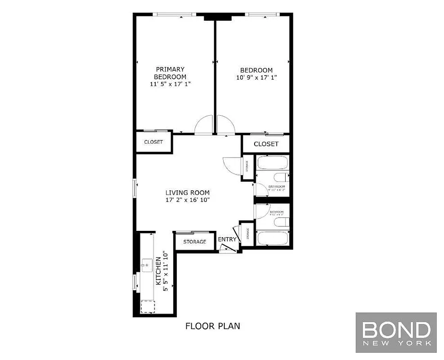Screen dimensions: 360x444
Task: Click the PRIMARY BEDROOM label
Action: pos(170,73)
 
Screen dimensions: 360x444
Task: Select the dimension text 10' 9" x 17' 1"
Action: pos(256,77)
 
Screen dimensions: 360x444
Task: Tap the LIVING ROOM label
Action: pos(187,193)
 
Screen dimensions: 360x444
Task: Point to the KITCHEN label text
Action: pos(158,271)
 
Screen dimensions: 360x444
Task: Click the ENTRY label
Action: pos(227,239)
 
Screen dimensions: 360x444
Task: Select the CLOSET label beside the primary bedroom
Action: pos(153,142)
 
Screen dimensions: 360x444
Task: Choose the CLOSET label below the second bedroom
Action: pos(266,144)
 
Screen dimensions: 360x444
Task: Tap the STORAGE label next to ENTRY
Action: pos(194,242)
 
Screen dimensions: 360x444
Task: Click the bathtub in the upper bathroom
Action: pos(272,162)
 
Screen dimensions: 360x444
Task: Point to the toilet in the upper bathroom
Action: pos(280,177)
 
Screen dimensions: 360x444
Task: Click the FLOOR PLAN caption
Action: pos(212,326)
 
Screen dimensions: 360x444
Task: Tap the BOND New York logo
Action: pos(396,332)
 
